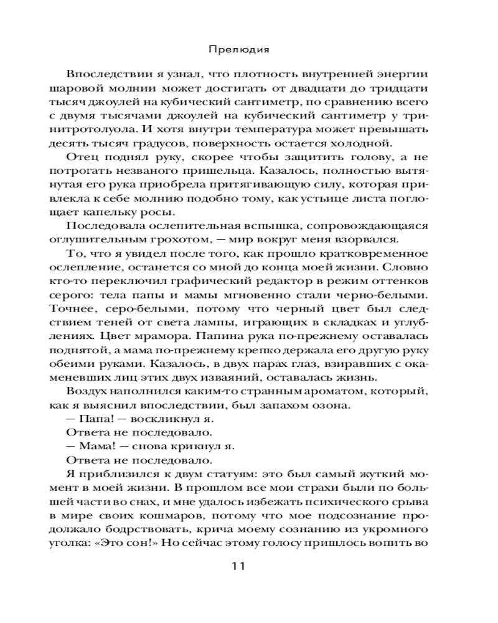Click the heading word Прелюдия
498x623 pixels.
pos(249,48)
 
